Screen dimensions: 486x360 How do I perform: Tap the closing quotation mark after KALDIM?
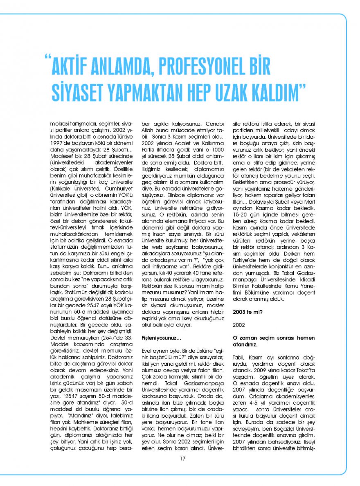click(x=303, y=87)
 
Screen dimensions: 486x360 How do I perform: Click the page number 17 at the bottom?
click(x=182, y=458)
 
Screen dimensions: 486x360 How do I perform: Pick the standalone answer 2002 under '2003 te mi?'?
click(x=239, y=325)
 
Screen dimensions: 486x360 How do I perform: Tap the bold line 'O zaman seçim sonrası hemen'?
click(x=268, y=338)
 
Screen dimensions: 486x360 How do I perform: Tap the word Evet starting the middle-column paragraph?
click(x=147, y=352)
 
